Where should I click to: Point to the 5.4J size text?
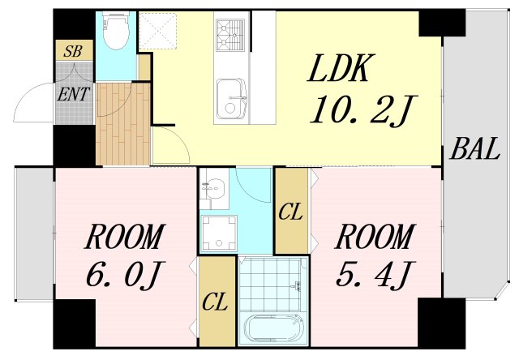tap(374, 276)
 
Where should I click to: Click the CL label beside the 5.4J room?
tap(290, 213)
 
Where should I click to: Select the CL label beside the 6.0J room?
tap(215, 303)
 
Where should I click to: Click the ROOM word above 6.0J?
tap(124, 239)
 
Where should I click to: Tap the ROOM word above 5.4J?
tap(374, 239)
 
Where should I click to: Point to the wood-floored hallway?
tap(123, 122)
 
